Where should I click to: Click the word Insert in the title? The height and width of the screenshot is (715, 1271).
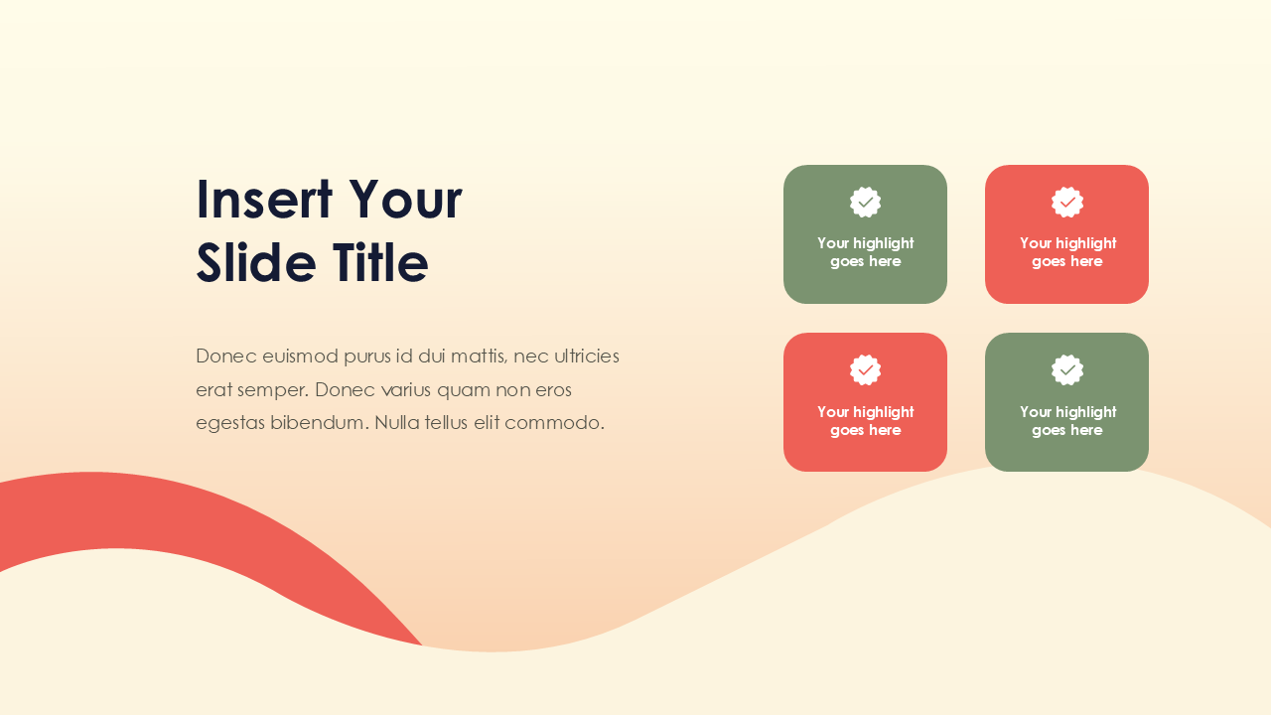click(x=263, y=199)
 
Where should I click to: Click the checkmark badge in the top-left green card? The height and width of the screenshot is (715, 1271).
click(x=866, y=203)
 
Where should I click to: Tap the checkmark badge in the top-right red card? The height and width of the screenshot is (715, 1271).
click(x=1067, y=203)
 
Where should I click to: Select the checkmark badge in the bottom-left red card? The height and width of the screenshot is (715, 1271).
click(x=866, y=370)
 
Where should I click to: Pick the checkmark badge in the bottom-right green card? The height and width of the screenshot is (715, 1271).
click(x=1067, y=370)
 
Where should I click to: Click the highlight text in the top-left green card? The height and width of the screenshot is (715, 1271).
click(x=866, y=252)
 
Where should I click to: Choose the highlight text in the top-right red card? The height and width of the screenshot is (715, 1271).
click(x=1067, y=252)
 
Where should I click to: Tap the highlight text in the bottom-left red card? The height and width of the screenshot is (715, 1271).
click(x=866, y=421)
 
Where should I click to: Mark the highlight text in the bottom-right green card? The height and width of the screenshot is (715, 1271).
click(x=1067, y=421)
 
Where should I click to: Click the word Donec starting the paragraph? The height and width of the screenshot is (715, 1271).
click(x=226, y=357)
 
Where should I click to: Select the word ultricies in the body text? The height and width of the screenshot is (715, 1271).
click(x=587, y=357)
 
